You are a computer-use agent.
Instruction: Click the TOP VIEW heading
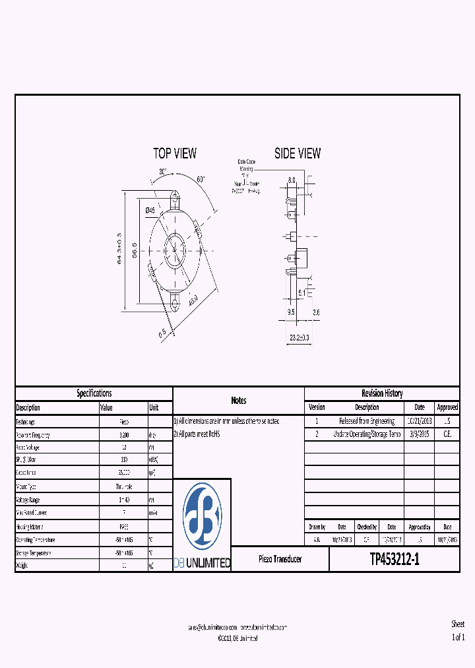click(x=175, y=153)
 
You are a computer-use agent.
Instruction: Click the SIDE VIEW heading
click(x=298, y=153)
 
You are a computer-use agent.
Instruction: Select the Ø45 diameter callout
click(x=150, y=210)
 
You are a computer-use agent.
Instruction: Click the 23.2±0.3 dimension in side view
click(x=299, y=337)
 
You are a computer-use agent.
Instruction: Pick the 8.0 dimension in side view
click(x=292, y=180)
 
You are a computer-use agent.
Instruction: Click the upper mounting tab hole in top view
click(x=175, y=196)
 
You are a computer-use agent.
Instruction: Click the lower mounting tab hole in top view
click(x=175, y=304)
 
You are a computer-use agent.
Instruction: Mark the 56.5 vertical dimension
click(x=134, y=250)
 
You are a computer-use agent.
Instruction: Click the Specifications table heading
click(x=94, y=393)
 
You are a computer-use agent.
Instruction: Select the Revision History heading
click(x=381, y=393)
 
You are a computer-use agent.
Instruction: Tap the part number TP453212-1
click(x=395, y=560)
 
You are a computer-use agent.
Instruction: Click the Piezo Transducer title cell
click(x=280, y=559)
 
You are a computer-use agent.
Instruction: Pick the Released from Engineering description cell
click(x=367, y=421)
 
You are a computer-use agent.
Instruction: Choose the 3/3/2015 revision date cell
click(x=419, y=434)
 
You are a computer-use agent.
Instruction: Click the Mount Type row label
click(x=30, y=486)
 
